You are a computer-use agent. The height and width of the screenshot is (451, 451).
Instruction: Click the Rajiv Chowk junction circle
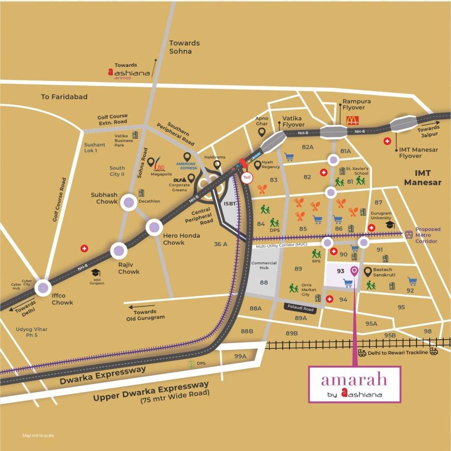118,251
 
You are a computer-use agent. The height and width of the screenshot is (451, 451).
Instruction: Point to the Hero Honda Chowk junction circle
154,227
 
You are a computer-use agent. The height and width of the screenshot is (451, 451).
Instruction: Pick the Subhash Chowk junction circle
129,202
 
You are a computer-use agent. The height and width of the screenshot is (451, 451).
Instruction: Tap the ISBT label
230,204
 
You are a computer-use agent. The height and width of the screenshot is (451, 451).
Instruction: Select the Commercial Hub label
264,266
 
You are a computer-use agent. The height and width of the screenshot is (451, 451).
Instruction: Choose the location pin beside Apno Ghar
262,131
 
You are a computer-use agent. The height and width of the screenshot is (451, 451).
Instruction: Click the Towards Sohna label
184,47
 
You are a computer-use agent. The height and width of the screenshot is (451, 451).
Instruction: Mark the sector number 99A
240,356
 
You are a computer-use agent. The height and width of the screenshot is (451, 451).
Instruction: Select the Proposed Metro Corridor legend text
428,235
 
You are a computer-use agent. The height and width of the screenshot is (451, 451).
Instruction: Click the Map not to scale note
38,436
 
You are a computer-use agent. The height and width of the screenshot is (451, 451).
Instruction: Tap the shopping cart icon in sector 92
412,281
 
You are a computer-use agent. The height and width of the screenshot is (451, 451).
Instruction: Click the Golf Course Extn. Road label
112,119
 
